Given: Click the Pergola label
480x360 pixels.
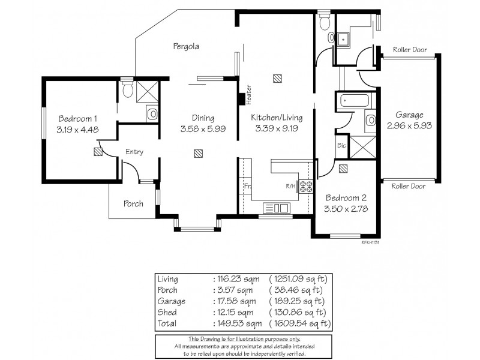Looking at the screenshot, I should click(x=186, y=46).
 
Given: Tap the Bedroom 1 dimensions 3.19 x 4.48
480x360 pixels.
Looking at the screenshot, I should click(x=77, y=129).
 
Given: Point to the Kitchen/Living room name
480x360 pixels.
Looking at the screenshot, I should click(x=277, y=118).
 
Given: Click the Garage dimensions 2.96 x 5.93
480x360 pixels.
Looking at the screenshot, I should click(x=409, y=126).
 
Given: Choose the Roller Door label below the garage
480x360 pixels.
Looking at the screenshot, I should click(x=409, y=187).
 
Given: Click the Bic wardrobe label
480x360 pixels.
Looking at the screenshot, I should click(x=341, y=146).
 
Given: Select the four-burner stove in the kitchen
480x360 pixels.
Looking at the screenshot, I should click(x=307, y=186).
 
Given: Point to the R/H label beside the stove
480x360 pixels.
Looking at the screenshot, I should click(x=291, y=186).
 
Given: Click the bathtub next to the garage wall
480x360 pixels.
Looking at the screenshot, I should click(x=352, y=100).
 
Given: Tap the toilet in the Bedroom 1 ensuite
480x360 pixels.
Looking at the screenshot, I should click(x=127, y=90).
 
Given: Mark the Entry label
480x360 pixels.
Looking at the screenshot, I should click(x=134, y=152).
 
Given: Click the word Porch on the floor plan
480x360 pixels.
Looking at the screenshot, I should click(x=133, y=204).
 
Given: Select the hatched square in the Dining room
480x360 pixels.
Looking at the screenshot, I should click(x=197, y=154).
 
